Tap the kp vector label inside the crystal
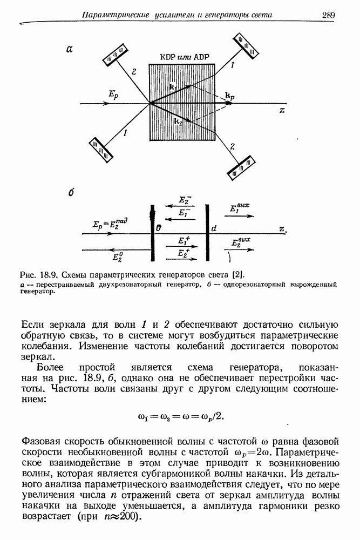click(229, 96)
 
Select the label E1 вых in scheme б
click(239, 208)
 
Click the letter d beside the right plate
click(214, 228)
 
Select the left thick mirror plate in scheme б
click(153, 232)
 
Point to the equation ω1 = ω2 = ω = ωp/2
click(180, 416)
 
